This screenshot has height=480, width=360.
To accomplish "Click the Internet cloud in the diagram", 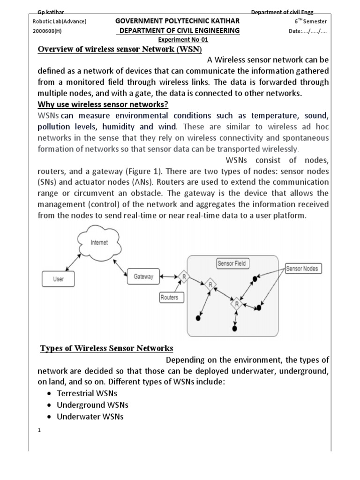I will pyautogui.click(x=99, y=243).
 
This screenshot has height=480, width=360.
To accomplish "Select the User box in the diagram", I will pyautogui.click(x=59, y=279).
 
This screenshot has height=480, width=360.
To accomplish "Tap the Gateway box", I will pyautogui.click(x=143, y=277).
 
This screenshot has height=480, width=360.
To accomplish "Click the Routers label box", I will pyautogui.click(x=169, y=297).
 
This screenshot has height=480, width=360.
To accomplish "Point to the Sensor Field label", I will pyautogui.click(x=232, y=263).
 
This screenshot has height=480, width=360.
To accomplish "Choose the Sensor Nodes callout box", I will pyautogui.click(x=302, y=269).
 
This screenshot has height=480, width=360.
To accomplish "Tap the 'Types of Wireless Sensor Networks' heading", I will pyautogui.click(x=107, y=348).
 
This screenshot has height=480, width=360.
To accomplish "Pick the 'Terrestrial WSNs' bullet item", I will pyautogui.click(x=87, y=393).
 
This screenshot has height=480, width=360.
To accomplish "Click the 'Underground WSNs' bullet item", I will pyautogui.click(x=92, y=405).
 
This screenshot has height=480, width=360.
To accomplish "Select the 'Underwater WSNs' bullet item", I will pyautogui.click(x=90, y=416).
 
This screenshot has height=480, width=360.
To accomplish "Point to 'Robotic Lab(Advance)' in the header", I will pyautogui.click(x=60, y=21).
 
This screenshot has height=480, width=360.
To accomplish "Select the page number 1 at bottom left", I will pyautogui.click(x=40, y=431).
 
